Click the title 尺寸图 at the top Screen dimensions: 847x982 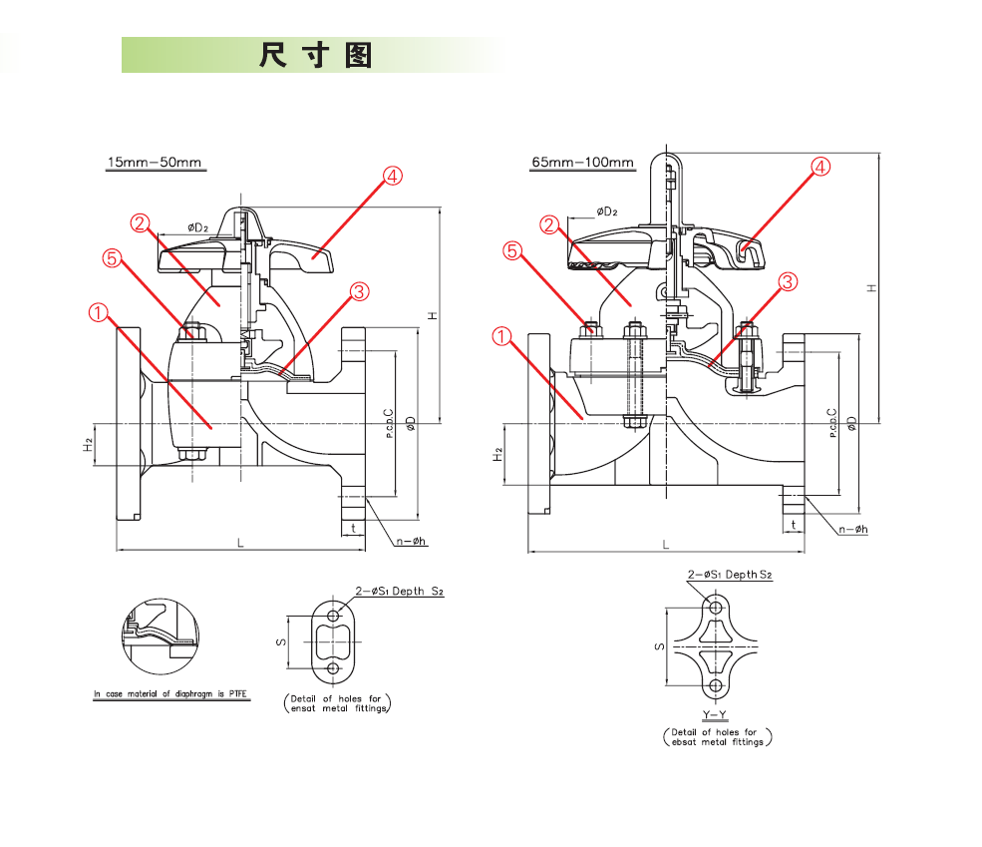(x=315, y=56)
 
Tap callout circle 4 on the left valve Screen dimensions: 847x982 (x=392, y=177)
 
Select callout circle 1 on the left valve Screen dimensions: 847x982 (x=98, y=312)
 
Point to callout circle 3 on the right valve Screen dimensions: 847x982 (x=787, y=281)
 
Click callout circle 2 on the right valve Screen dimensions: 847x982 (x=549, y=225)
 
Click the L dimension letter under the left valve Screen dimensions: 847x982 (x=239, y=542)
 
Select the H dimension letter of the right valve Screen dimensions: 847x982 (x=871, y=287)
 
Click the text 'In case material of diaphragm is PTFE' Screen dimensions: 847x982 (x=170, y=694)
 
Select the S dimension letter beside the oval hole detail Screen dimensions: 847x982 (x=282, y=641)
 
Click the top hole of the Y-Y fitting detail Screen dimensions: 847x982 (x=715, y=607)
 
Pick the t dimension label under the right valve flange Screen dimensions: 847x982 (x=794, y=525)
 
